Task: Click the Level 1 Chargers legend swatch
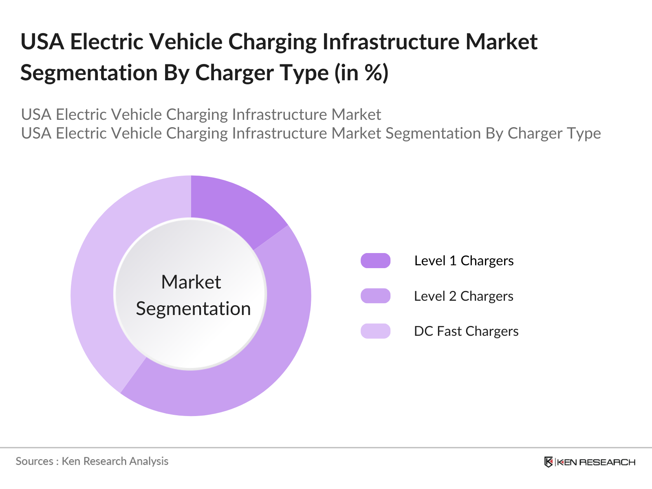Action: (x=375, y=261)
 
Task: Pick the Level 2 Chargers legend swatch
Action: (x=375, y=296)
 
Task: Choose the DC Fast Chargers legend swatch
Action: (x=375, y=331)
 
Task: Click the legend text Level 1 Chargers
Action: (x=464, y=261)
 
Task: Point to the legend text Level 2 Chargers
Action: (x=463, y=296)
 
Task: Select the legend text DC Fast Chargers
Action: (x=466, y=331)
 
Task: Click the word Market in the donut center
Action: (x=191, y=282)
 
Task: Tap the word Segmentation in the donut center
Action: (x=193, y=308)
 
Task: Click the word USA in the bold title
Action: (x=42, y=42)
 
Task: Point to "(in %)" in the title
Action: (x=361, y=73)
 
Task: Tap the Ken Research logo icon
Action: (x=548, y=462)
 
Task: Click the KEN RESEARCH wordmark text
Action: (x=596, y=462)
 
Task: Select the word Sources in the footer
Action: (x=34, y=461)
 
